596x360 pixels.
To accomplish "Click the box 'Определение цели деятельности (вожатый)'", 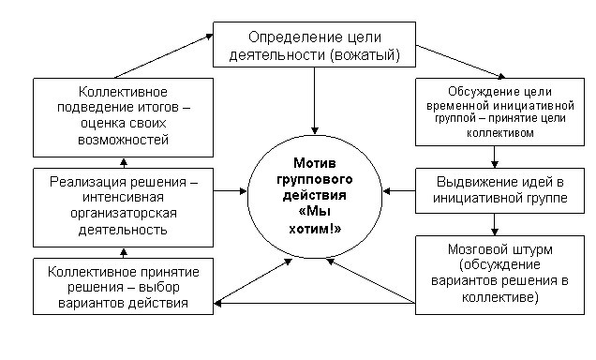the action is tap(314, 44).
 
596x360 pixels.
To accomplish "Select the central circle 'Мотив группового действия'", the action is tap(315, 197).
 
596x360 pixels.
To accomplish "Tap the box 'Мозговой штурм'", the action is tap(499, 275).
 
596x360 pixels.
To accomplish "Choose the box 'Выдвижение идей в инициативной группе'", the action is tap(499, 190).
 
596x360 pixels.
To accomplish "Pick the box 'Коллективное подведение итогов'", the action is tap(123, 117).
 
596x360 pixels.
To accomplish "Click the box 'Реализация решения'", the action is tap(123, 207).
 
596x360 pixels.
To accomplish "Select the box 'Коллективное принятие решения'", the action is tap(123, 286).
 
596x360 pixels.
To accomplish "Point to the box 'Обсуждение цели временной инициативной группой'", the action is tap(499, 112).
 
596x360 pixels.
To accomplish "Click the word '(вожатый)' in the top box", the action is tap(365, 55).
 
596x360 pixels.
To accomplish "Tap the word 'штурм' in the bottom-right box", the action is tap(533, 249).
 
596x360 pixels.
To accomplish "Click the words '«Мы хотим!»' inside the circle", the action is tap(315, 220).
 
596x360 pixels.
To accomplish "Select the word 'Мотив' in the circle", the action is tap(315, 163).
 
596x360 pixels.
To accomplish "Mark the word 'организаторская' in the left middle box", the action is tap(124, 213).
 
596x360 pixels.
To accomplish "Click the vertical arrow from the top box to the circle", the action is tap(314, 100).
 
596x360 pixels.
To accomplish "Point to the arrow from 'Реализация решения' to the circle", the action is tap(231, 191).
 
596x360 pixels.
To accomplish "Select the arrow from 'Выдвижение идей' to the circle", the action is tap(398, 191).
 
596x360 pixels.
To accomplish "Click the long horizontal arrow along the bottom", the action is tap(314, 304).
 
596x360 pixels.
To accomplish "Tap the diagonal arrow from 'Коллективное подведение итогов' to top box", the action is tap(163, 56).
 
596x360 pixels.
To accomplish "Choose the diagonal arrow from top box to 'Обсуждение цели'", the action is tap(461, 62).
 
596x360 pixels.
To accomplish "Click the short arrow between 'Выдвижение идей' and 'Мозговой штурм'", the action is tap(494, 224).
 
